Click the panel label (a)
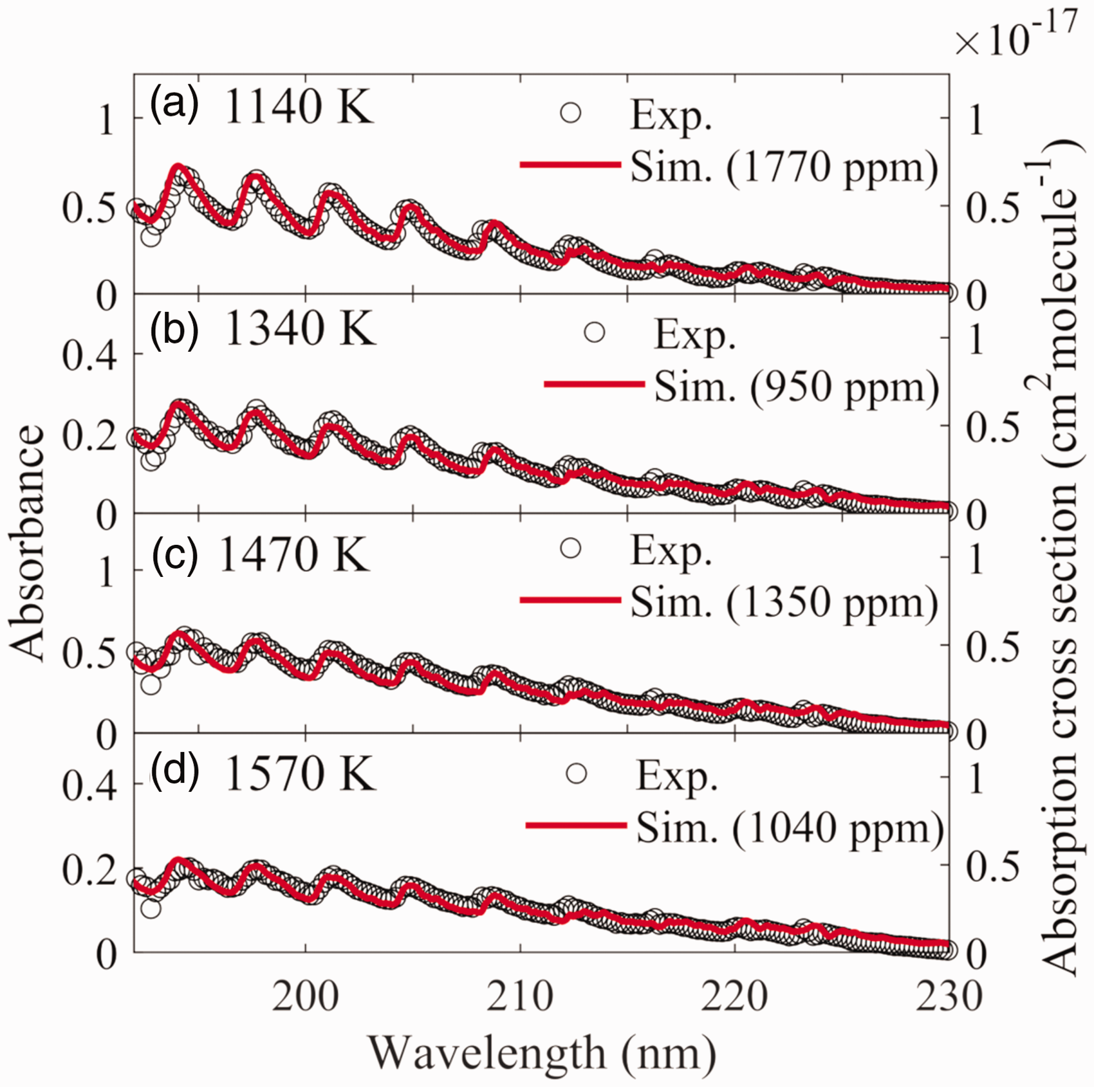click(x=174, y=105)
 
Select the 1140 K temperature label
click(x=299, y=106)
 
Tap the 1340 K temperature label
click(x=299, y=329)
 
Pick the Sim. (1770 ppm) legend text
click(x=784, y=169)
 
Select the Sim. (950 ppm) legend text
click(x=797, y=388)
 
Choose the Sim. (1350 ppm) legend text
click(x=784, y=604)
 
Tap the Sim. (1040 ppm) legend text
click(x=790, y=829)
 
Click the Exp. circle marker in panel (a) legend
click(x=571, y=113)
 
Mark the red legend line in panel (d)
click(x=576, y=825)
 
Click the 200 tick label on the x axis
click(x=305, y=997)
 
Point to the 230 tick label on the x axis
click(x=949, y=997)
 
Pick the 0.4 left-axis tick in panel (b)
click(x=89, y=354)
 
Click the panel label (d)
click(x=174, y=771)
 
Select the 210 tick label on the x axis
click(x=520, y=997)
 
